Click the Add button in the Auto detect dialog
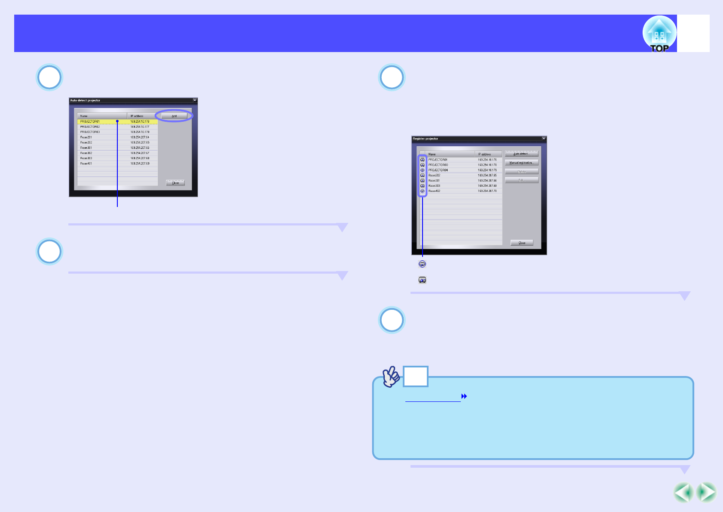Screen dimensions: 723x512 pos(174,116)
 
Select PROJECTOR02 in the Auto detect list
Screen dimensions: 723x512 pos(90,127)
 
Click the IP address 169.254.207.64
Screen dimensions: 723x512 pos(140,137)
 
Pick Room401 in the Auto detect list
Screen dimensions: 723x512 pos(86,163)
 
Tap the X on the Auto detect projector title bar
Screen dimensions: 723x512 pos(195,100)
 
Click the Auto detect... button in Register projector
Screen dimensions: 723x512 pos(521,154)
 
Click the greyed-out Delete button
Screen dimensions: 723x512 pos(521,172)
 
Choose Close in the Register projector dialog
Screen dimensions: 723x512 pos(522,243)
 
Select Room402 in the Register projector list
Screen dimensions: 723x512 pos(434,191)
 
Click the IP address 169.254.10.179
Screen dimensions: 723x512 pos(487,170)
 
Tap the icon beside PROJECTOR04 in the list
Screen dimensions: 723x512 pos(423,170)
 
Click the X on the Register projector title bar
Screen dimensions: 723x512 pos(544,139)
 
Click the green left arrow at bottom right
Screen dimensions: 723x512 pos(683,493)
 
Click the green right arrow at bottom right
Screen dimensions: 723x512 pos(706,493)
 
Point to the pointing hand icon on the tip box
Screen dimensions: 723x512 pos(391,376)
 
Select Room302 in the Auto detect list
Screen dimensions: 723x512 pos(86,153)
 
